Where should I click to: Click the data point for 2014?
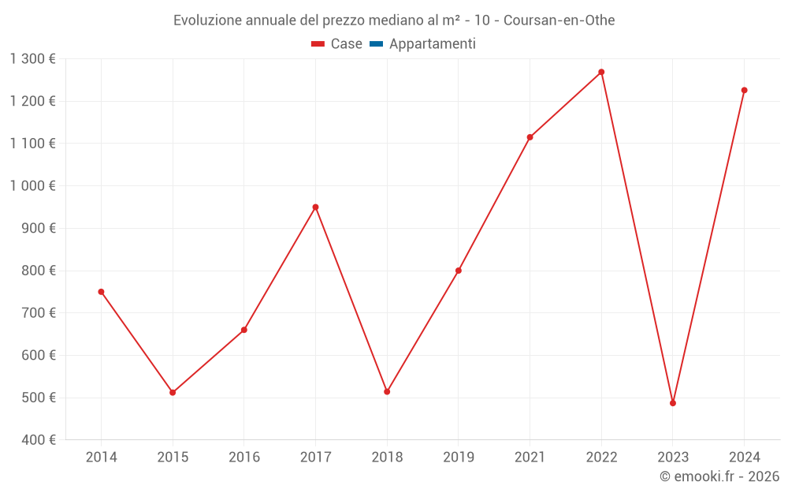coord(101,292)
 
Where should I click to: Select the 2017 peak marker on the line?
coord(315,207)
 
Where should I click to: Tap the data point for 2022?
coord(601,72)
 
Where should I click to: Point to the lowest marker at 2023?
coord(673,403)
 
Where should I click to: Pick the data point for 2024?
coord(744,90)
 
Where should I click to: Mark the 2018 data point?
coord(387,391)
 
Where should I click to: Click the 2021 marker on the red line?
coord(530,137)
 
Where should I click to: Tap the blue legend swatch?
coord(376,44)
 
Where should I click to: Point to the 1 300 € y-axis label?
coord(33,59)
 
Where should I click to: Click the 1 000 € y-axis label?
coord(33,186)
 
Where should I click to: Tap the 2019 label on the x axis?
coord(459,458)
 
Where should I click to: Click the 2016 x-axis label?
coord(244,458)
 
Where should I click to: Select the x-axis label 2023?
coord(673,458)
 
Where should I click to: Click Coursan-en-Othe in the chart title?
coord(559,21)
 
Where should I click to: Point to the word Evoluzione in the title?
coord(208,21)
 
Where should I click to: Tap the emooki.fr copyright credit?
coord(719,476)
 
